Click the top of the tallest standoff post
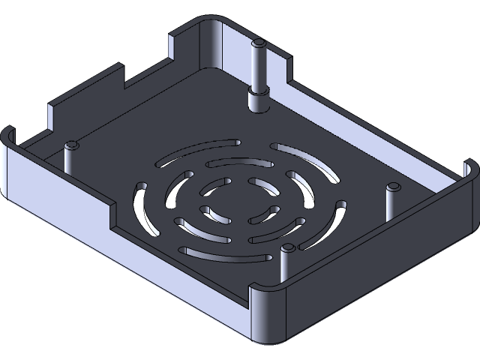259,43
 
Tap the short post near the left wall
72,145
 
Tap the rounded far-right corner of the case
469,169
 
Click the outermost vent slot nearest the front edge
223,254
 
